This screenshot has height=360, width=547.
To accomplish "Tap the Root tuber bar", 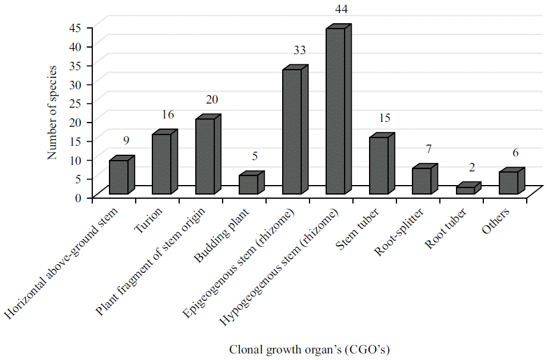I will click(465, 190).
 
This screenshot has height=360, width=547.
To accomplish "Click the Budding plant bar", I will click(248, 184).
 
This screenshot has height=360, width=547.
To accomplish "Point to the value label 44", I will click(342, 10).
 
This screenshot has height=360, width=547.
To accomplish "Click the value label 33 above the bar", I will click(299, 51).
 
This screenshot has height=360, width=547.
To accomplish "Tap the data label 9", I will click(126, 141).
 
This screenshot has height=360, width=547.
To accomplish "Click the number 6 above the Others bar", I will click(515, 153).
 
